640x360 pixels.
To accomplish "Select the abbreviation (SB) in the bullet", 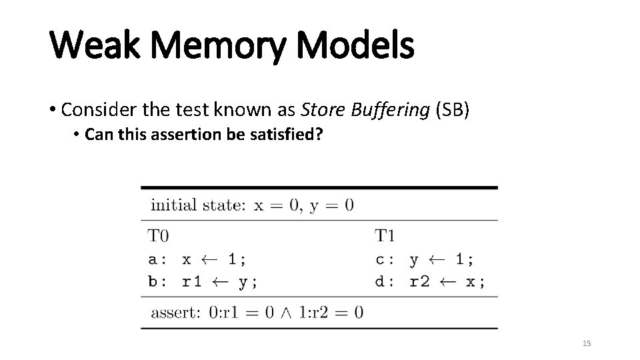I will [453, 110].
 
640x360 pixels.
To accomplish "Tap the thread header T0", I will [159, 235].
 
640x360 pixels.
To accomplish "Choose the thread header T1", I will [385, 235].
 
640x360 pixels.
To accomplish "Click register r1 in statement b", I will [192, 281].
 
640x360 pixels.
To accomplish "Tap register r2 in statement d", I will [419, 281].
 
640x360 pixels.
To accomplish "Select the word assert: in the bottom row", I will [176, 312].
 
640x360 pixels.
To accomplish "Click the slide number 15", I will [587, 343].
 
